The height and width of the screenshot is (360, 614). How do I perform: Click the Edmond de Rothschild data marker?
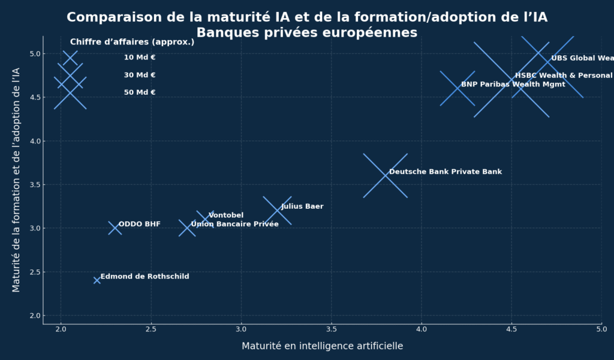(97, 280)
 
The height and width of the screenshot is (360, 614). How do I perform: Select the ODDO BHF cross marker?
(115, 228)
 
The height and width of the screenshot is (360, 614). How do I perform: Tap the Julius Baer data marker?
(277, 211)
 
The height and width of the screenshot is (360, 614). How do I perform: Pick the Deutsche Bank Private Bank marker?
(385, 176)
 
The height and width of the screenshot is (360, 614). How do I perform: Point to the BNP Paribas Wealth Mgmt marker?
(458, 88)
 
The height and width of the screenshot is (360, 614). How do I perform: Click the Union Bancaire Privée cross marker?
(187, 228)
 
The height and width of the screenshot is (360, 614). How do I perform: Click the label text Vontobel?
(226, 215)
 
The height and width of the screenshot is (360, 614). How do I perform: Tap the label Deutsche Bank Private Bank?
(446, 172)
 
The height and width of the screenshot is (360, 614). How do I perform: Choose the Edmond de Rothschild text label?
(145, 277)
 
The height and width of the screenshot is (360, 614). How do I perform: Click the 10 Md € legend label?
(140, 58)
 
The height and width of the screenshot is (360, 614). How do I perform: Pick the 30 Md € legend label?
(140, 75)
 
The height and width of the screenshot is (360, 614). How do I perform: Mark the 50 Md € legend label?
(140, 92)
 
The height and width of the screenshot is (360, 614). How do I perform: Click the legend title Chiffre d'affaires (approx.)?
(132, 42)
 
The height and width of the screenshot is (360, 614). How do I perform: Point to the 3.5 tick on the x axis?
(331, 329)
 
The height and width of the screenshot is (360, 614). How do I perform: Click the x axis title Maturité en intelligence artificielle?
(322, 346)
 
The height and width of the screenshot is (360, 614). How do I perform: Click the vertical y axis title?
(16, 180)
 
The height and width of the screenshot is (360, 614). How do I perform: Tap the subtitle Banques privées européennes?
(307, 33)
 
